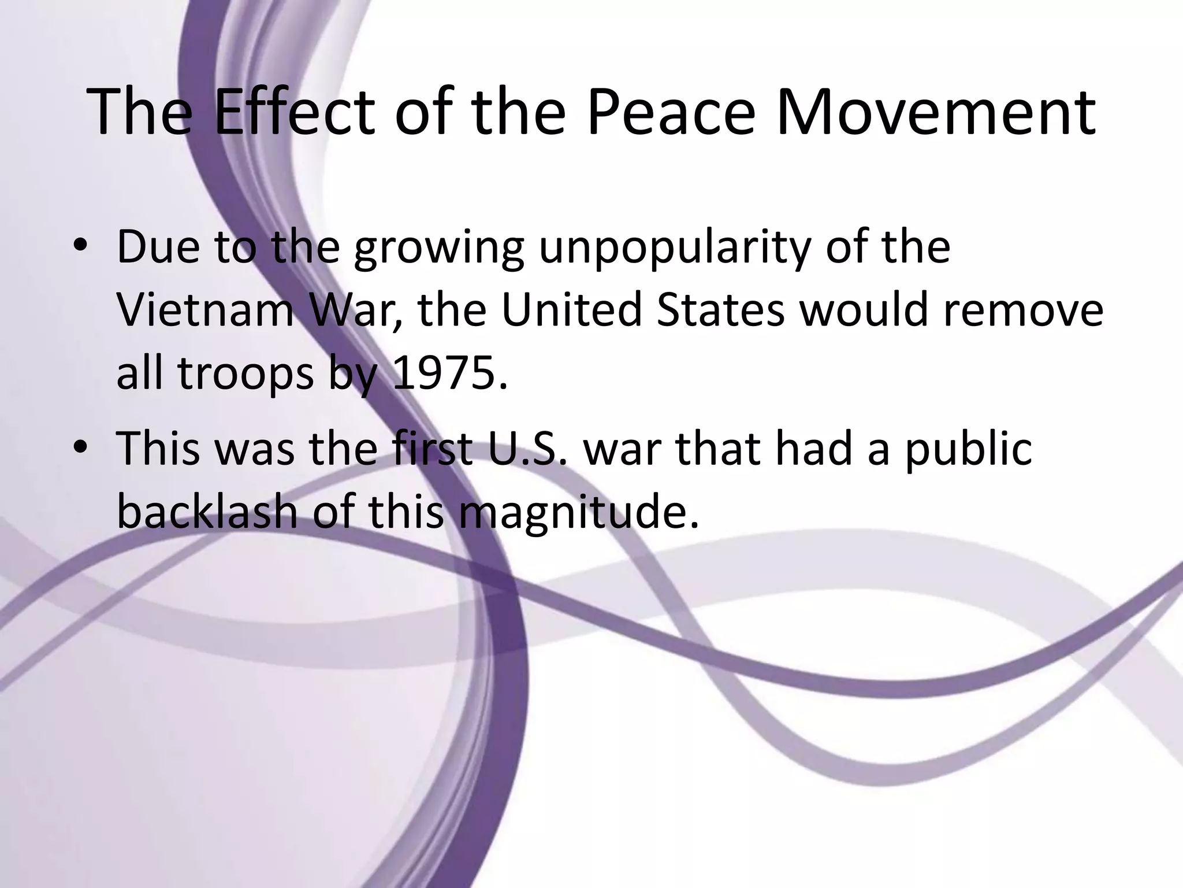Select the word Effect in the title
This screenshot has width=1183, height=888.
click(x=294, y=112)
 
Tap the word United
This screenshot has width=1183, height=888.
click(x=571, y=310)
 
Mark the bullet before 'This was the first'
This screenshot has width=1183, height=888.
click(x=81, y=449)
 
